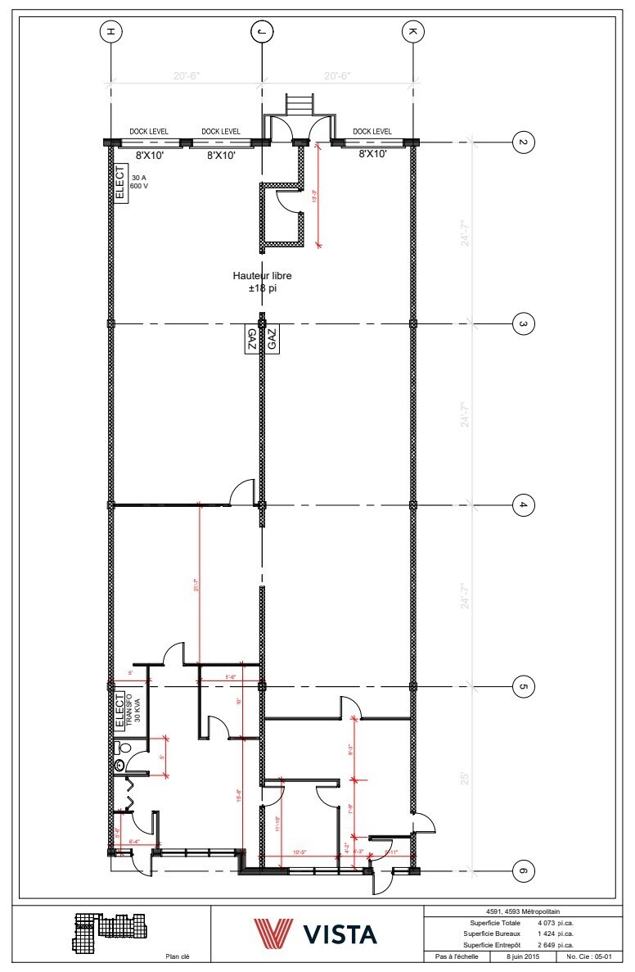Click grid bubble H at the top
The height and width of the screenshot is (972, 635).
(110, 32)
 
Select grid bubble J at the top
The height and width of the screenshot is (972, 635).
(262, 32)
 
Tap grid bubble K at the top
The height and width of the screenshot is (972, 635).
(412, 32)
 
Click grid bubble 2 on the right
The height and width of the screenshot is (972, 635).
(523, 142)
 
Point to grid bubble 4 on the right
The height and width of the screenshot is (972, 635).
(523, 504)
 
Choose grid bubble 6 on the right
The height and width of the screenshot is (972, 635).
(523, 870)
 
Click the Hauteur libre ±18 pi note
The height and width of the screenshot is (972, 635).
(262, 282)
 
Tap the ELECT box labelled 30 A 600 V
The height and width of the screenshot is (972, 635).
(120, 184)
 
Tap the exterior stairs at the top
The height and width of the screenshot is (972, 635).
(298, 106)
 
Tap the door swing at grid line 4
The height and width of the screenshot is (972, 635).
(242, 492)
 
